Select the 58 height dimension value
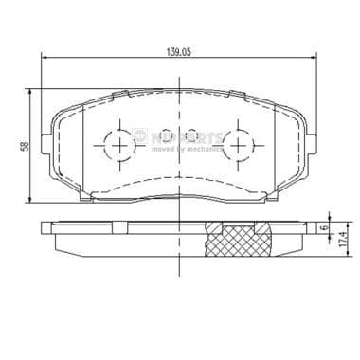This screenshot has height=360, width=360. point(22,145)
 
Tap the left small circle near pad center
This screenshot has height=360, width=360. point(164,135)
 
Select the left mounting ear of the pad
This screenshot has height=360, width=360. point(49,143)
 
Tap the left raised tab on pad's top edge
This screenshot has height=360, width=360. point(120,93)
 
